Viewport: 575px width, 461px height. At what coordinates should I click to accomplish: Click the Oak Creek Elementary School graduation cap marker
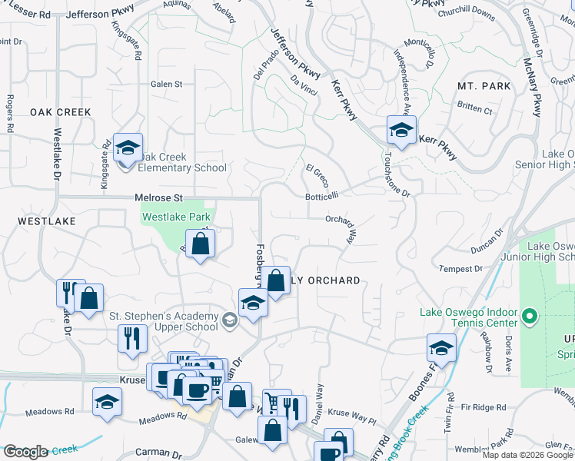(x=128, y=147)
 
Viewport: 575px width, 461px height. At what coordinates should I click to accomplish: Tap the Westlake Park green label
(x=176, y=217)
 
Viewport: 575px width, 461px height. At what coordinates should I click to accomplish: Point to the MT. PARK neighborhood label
(x=484, y=86)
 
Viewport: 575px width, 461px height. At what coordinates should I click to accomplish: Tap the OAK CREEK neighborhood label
(x=61, y=112)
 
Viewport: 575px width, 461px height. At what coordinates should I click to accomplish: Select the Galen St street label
(x=166, y=85)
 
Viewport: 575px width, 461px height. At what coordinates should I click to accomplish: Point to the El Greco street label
(x=317, y=174)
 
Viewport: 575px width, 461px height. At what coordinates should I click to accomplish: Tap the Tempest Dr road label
(x=460, y=269)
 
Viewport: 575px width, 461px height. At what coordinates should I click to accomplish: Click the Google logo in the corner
(x=25, y=452)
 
